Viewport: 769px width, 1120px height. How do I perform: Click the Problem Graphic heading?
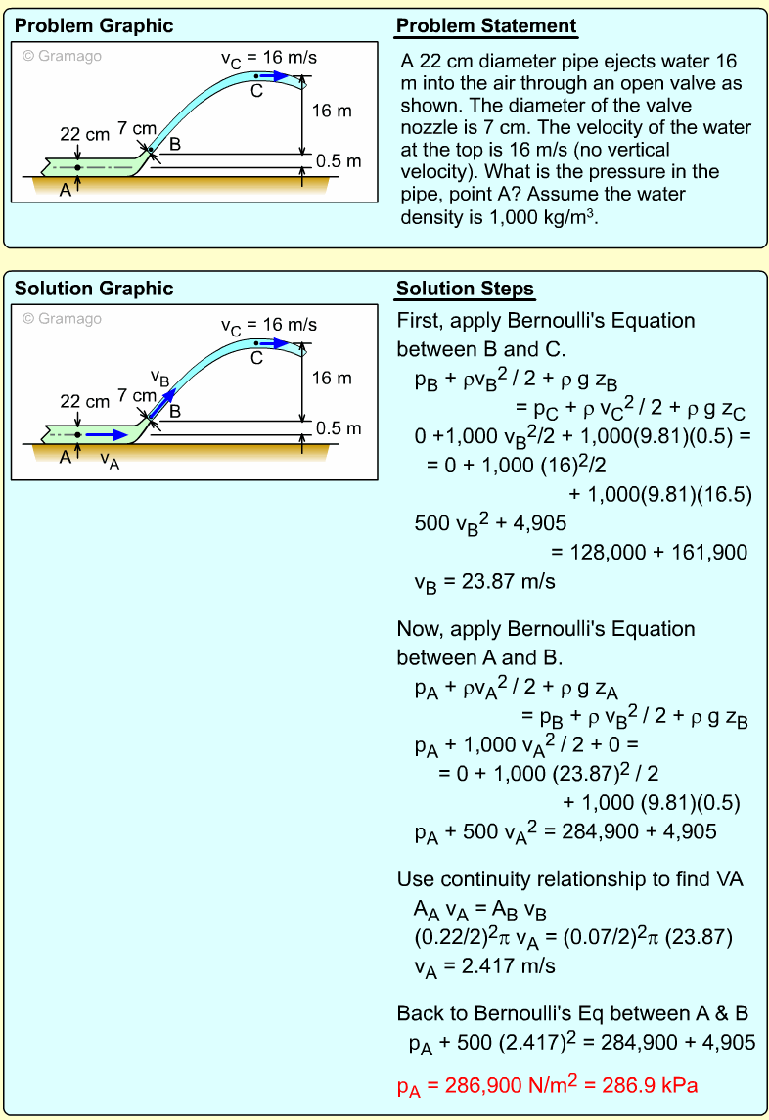pos(94,25)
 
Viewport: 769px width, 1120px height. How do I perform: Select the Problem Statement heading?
pos(486,25)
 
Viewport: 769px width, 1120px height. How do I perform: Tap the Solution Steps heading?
pos(465,289)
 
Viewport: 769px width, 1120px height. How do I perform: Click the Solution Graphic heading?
pos(94,289)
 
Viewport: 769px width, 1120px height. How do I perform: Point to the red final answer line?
pos(547,1085)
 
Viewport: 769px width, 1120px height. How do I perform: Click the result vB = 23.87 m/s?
pos(484,582)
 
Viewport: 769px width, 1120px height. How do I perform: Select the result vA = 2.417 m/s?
pos(484,966)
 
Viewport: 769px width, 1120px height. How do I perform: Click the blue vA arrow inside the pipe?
pos(106,434)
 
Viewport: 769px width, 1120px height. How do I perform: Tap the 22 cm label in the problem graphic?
pos(85,134)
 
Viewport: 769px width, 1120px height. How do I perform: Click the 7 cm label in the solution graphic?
pos(136,395)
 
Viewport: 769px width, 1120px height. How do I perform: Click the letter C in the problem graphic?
pos(256,91)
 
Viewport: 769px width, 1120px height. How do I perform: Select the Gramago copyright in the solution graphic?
pos(62,318)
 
